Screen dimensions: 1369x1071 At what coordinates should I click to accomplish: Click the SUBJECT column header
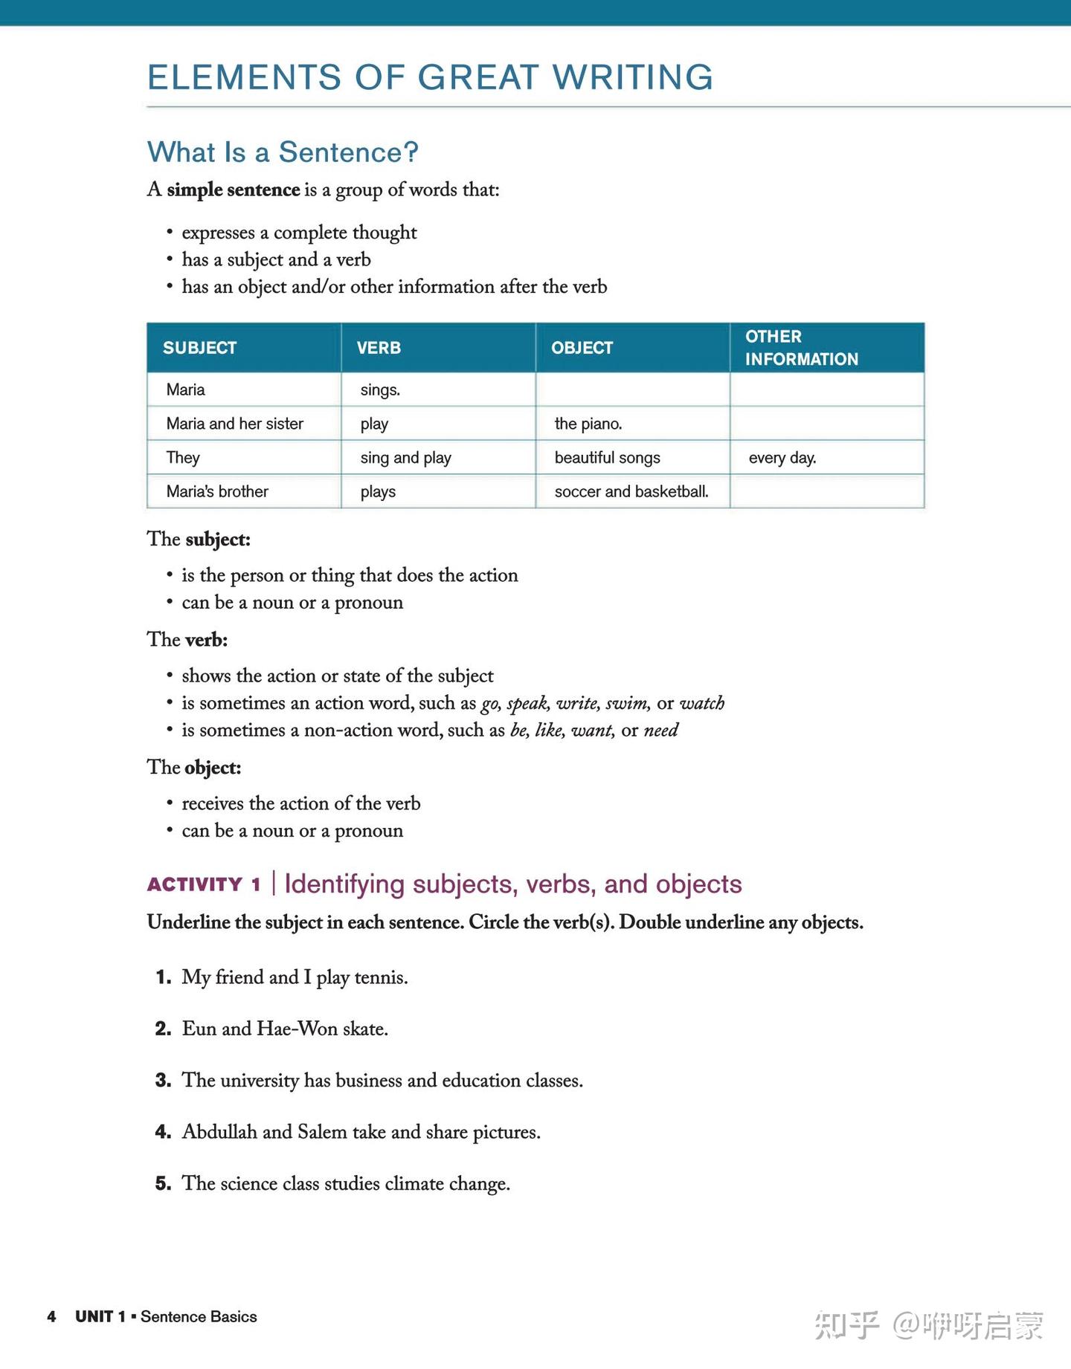[199, 348]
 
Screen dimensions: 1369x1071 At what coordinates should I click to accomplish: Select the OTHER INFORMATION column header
[801, 348]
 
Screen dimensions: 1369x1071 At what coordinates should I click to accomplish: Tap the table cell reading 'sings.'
[380, 389]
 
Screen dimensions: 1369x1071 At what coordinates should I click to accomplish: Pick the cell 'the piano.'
[588, 424]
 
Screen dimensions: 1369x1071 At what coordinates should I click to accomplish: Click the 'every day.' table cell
[782, 458]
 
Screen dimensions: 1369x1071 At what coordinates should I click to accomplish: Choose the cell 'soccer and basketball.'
[631, 491]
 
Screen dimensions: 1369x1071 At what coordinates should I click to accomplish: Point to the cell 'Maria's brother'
[217, 491]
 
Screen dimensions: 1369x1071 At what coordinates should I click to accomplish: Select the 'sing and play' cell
[405, 458]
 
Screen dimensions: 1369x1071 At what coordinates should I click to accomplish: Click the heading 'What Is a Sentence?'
[283, 152]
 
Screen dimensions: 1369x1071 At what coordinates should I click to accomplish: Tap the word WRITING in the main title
[632, 77]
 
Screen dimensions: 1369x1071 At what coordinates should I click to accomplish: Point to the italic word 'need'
[660, 731]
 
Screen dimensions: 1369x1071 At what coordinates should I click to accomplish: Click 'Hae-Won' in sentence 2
[297, 1029]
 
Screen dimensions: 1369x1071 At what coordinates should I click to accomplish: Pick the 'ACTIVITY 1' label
[204, 884]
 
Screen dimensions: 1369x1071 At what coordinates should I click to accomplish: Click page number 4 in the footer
[51, 1317]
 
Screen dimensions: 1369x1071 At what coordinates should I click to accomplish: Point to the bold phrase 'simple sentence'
[233, 190]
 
